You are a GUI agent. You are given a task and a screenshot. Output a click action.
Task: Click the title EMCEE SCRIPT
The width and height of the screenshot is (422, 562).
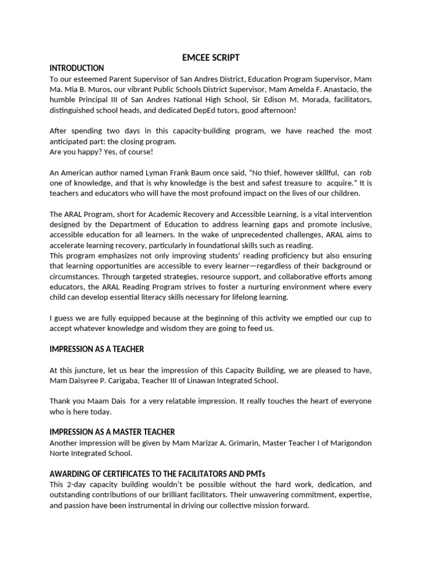click(x=211, y=58)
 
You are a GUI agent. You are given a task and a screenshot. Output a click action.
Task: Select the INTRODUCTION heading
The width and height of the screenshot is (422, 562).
click(x=76, y=68)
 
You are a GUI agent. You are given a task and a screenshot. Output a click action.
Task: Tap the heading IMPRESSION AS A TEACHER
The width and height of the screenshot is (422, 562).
click(x=97, y=349)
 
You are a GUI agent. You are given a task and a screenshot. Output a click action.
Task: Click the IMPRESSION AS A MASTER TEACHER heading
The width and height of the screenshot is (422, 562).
click(x=112, y=432)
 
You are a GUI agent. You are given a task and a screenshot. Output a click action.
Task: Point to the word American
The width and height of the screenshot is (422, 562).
click(x=79, y=172)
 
